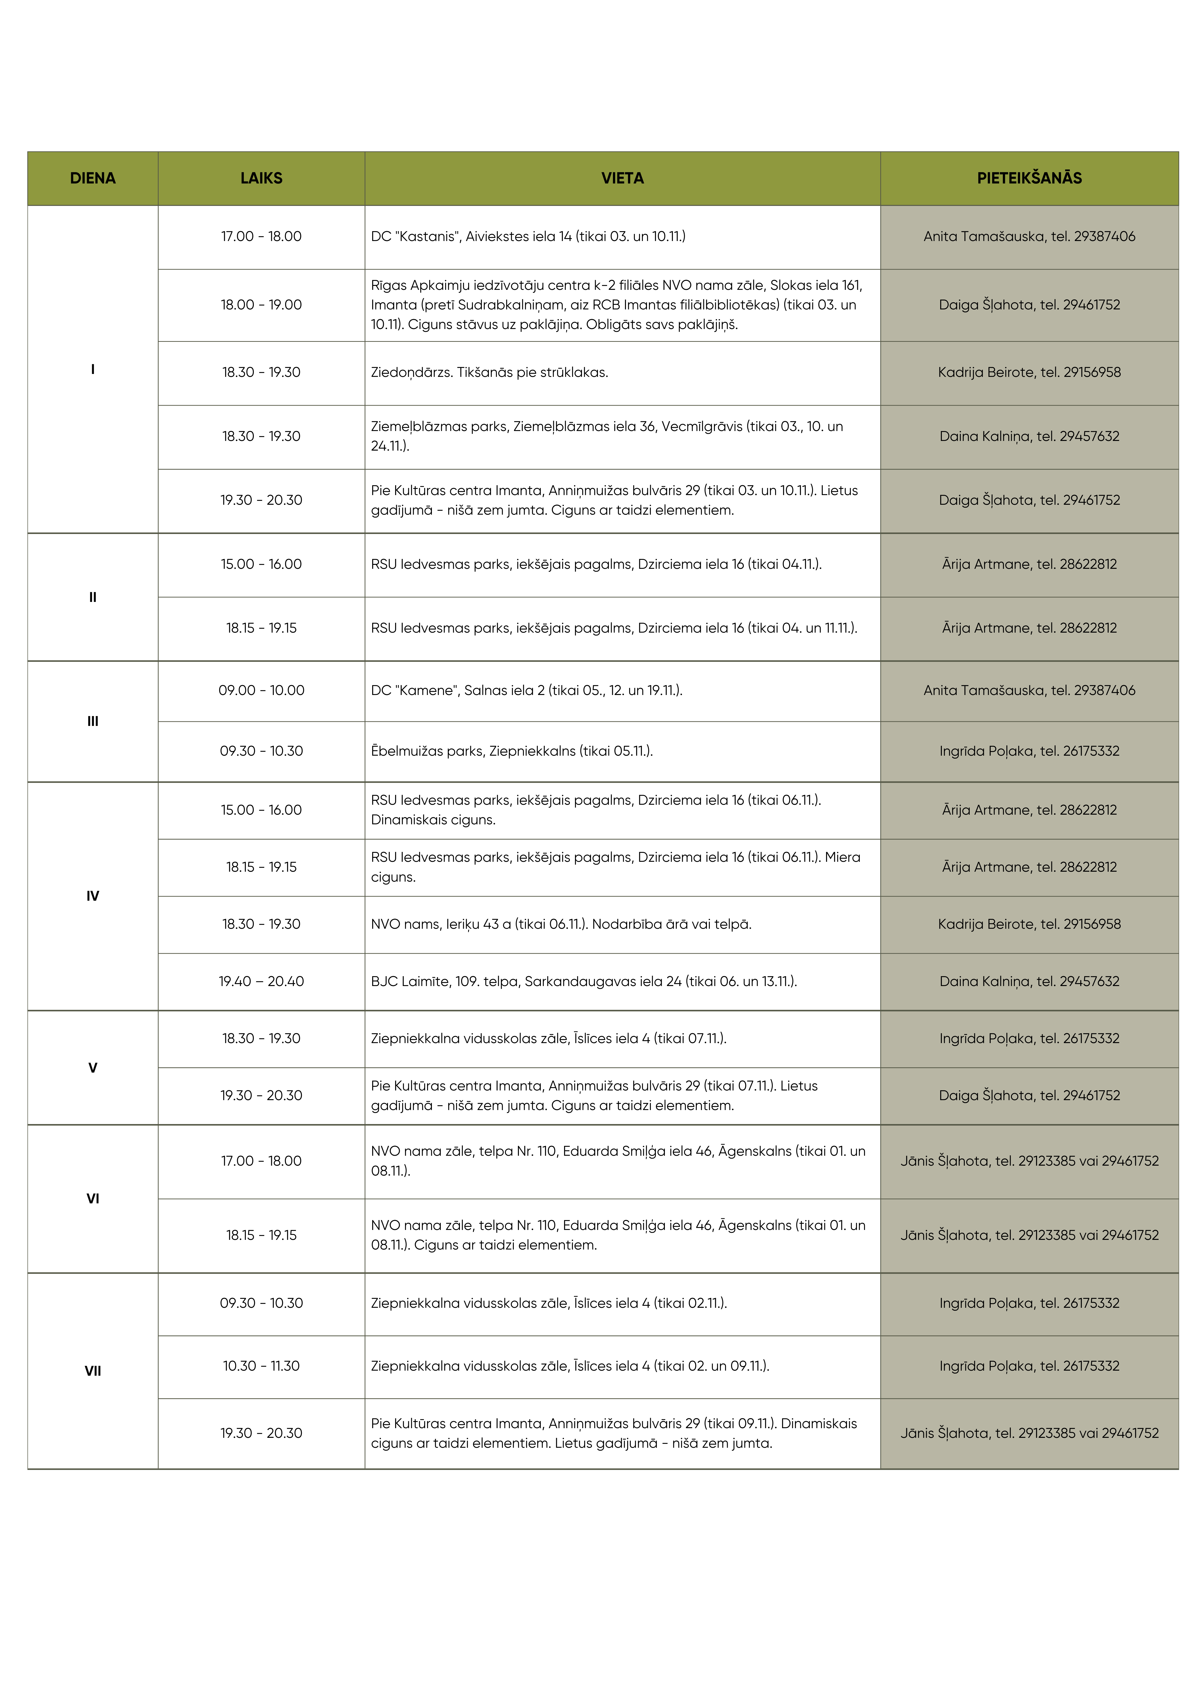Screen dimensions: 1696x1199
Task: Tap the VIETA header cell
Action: (x=622, y=178)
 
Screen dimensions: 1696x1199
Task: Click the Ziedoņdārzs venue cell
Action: (x=489, y=372)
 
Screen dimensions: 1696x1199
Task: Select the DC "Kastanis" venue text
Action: (x=527, y=236)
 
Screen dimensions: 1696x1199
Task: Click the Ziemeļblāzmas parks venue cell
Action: (x=607, y=436)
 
